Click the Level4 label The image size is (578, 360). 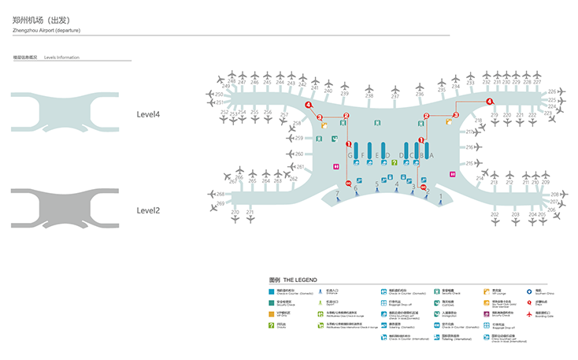(x=148, y=115)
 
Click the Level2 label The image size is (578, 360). (x=148, y=210)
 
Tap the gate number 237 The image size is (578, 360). (x=395, y=96)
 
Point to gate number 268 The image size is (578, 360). (x=220, y=194)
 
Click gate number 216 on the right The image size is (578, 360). (x=469, y=147)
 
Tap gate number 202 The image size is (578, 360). (x=495, y=214)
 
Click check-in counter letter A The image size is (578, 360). (x=431, y=156)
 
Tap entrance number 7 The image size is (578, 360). (x=337, y=192)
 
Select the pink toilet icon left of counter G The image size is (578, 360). (x=336, y=166)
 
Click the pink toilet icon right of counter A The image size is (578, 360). (x=452, y=174)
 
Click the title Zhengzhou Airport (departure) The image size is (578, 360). (x=46, y=29)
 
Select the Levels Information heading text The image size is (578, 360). (x=61, y=58)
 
